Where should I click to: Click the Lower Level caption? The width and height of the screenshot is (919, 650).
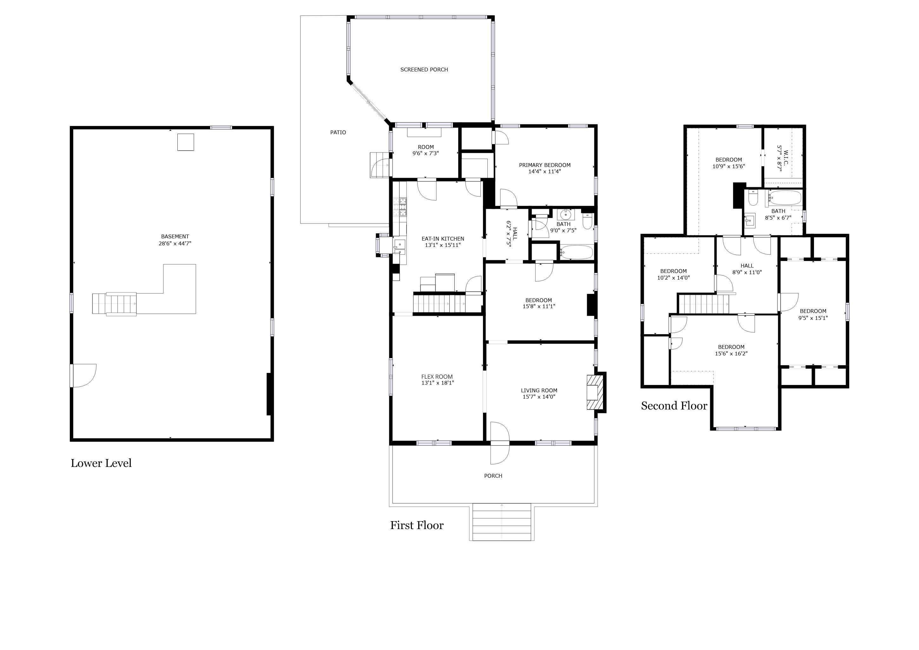coord(101,463)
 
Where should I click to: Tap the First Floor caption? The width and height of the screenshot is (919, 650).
coord(417,525)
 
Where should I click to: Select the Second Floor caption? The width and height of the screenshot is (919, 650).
coord(674,406)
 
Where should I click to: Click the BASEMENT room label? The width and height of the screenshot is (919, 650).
coord(175,236)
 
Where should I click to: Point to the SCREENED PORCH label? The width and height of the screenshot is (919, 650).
coord(424,70)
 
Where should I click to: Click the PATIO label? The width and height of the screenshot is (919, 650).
coord(338,132)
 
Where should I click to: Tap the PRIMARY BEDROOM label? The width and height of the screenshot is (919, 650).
coord(545,165)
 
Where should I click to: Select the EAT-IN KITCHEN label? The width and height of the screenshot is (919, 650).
coord(443,239)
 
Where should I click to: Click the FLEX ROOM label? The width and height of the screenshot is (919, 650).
coord(437,377)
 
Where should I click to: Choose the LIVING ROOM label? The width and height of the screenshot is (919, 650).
coord(539,391)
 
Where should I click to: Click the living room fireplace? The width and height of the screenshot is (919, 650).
coord(596,392)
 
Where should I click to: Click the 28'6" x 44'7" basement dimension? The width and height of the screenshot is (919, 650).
coord(175,243)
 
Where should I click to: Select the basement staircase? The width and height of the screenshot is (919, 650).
coord(115,304)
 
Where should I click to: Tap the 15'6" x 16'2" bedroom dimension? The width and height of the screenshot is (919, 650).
coord(731,354)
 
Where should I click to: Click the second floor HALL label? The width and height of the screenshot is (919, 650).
coord(747,266)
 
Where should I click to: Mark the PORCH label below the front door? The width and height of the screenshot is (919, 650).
coord(493,476)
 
